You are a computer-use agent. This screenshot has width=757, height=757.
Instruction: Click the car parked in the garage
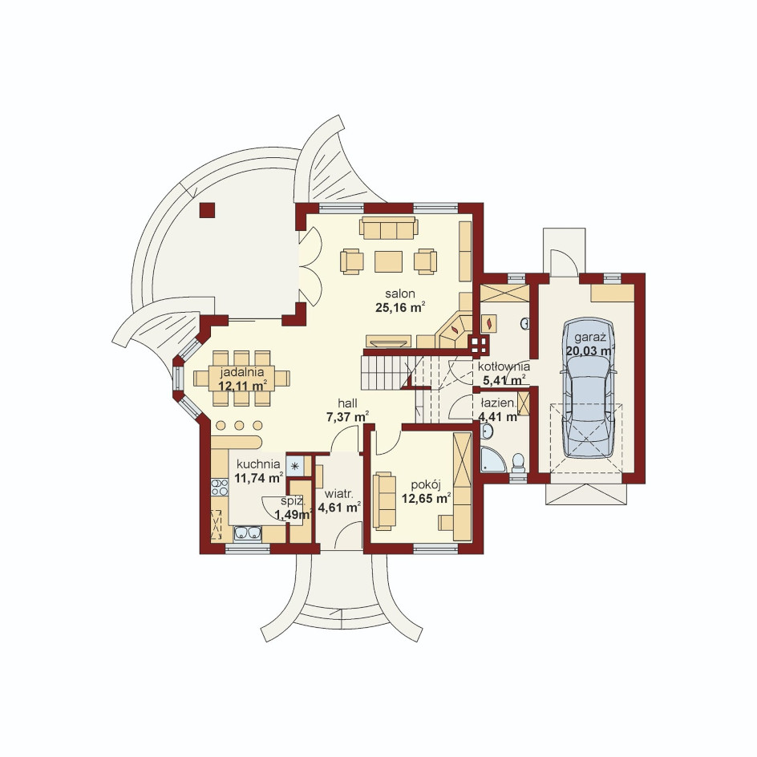click(588, 387)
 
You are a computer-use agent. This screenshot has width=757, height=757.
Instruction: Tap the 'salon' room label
click(399, 293)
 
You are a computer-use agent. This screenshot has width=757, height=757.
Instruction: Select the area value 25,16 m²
click(400, 308)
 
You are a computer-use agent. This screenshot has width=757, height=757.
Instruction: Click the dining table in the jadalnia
click(241, 378)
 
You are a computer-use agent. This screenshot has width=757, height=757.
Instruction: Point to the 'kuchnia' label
click(258, 464)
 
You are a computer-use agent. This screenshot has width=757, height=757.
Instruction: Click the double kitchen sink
click(248, 532)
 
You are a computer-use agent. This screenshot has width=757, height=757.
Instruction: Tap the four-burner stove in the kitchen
click(220, 487)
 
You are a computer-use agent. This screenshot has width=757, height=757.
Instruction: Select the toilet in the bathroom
click(518, 462)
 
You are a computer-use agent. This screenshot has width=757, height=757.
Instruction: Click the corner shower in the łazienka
click(492, 459)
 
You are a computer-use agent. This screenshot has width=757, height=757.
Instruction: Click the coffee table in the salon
click(388, 261)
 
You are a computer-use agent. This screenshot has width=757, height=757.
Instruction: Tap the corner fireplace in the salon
click(455, 330)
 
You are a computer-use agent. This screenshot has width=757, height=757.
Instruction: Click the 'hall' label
click(347, 403)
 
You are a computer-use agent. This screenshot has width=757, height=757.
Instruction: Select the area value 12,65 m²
click(427, 499)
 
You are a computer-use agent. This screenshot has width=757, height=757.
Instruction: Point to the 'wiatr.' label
click(339, 494)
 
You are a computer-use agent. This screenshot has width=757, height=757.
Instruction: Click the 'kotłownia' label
click(504, 367)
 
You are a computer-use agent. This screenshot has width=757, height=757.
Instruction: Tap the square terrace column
click(207, 210)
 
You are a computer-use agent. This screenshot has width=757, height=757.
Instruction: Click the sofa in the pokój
click(384, 501)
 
